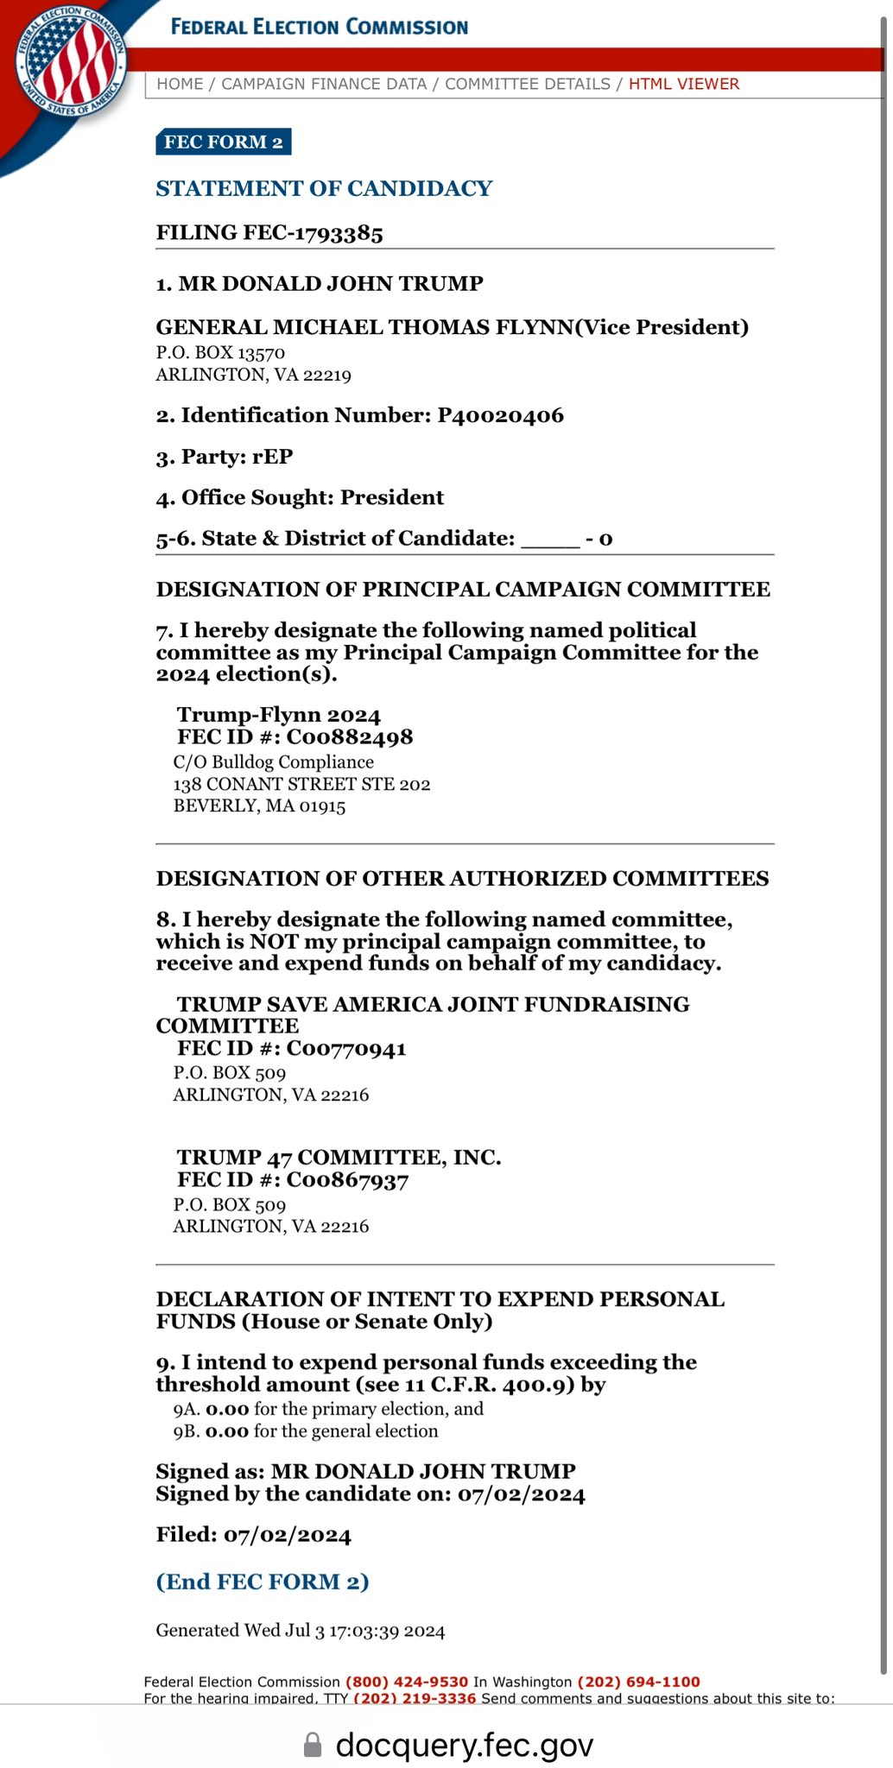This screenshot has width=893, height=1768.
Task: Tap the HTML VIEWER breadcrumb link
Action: click(x=683, y=84)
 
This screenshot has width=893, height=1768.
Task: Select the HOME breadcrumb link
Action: click(x=180, y=84)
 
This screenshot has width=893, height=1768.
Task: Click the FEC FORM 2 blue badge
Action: click(x=223, y=142)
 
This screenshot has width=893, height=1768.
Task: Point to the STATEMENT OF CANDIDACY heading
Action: click(x=324, y=188)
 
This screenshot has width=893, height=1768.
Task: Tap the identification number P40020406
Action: click(x=500, y=415)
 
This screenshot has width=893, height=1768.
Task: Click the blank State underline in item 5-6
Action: click(x=550, y=540)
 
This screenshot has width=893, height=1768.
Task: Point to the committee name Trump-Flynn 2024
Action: click(x=278, y=715)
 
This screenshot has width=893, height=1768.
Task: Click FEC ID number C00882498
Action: click(x=349, y=737)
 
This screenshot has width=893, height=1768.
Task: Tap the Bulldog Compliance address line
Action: click(x=274, y=762)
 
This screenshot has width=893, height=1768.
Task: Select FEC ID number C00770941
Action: click(x=345, y=1049)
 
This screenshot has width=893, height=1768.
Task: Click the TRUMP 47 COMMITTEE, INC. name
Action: click(x=339, y=1157)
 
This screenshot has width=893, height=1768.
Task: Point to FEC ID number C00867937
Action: click(x=347, y=1180)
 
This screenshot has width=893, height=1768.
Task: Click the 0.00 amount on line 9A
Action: click(x=227, y=1409)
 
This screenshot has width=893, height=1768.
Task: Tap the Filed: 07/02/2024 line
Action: click(x=253, y=1535)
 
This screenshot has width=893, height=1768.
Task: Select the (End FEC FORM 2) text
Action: click(x=263, y=1582)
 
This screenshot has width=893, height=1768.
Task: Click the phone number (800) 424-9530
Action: click(x=406, y=1682)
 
